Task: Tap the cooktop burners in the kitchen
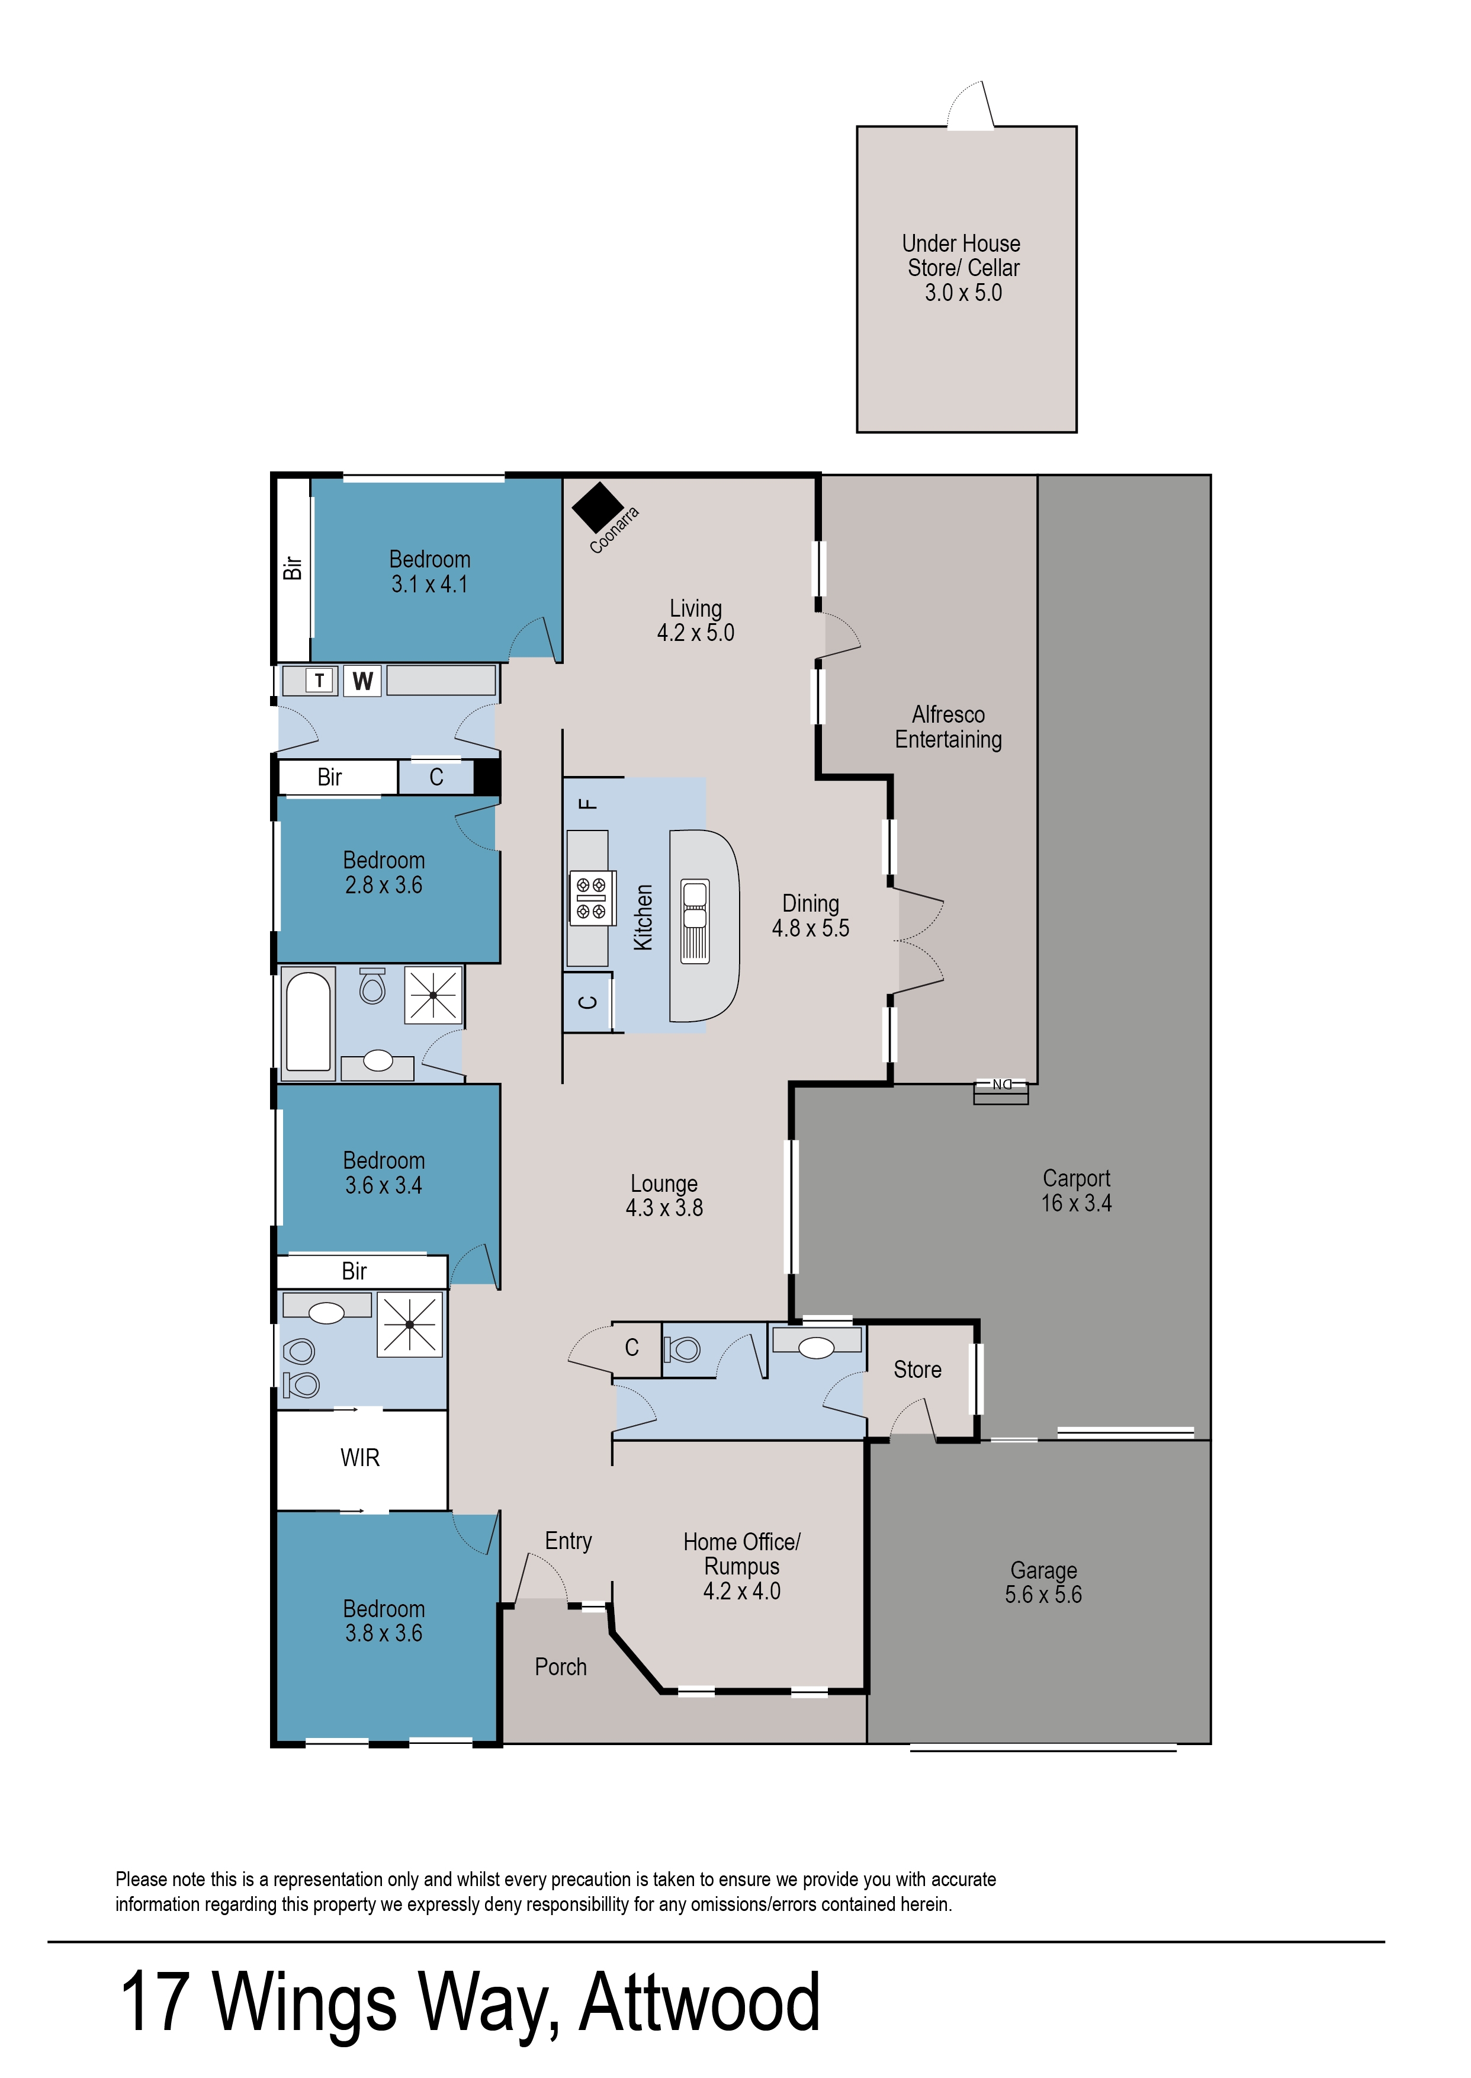point(592,897)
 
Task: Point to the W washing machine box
point(363,681)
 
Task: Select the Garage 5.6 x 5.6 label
point(1043,1583)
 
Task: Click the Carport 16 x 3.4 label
point(1075,1190)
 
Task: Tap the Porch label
point(561,1667)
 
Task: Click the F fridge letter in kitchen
point(589,803)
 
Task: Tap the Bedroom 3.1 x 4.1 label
point(429,572)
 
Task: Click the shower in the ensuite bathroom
point(409,1325)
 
